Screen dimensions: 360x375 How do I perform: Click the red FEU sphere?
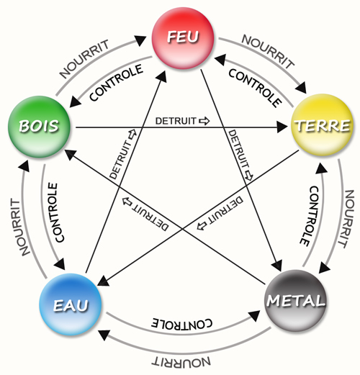point(183,38)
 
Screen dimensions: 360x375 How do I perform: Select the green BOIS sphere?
point(39,127)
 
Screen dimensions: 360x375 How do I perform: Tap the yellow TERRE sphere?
point(322,125)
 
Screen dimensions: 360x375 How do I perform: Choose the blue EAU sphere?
point(71,304)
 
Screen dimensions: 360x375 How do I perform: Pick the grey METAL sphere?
point(296,300)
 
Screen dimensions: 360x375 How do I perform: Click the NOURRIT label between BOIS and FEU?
point(84,59)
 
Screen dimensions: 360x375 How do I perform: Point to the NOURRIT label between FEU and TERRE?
point(268,51)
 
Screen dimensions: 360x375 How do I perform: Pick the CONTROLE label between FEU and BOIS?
point(117,83)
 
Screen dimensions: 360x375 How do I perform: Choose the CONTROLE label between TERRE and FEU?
point(255,88)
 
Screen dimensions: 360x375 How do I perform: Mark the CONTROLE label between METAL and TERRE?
point(310,216)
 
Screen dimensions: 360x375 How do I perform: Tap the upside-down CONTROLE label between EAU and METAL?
point(181,323)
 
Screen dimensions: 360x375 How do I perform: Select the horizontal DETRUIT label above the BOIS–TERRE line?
point(182,121)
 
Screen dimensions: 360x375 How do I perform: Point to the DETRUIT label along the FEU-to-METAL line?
point(240,155)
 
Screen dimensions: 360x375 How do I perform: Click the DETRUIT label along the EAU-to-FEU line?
point(122,154)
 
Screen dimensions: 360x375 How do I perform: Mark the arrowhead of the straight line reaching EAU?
point(103,281)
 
